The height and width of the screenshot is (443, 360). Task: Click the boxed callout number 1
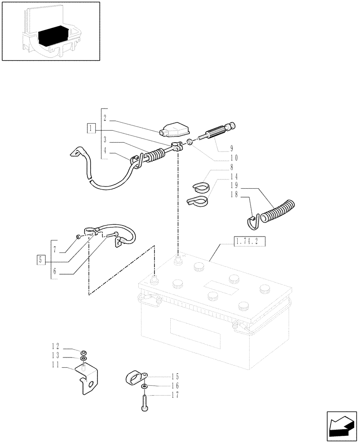point(91,128)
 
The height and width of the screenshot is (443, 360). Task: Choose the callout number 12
point(55,347)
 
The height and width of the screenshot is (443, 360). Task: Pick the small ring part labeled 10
point(189,142)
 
